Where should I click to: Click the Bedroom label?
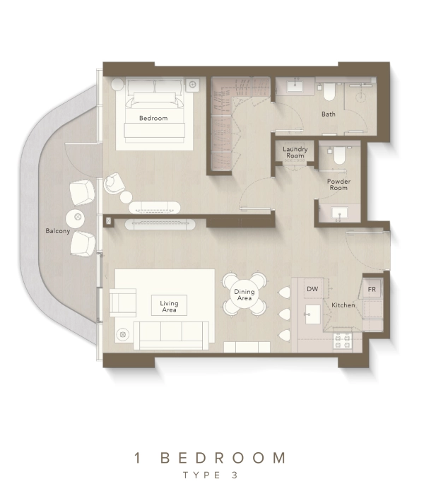coord(153,118)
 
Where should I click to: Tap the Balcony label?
coord(58,231)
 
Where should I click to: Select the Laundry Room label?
coord(295,152)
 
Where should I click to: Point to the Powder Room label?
coord(338,184)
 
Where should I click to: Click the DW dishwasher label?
coord(312,289)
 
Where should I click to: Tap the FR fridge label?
coord(372,289)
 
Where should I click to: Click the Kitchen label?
coord(343,305)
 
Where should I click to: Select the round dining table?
coord(245,295)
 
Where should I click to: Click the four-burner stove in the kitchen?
coord(343,341)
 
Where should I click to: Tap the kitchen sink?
coord(313,314)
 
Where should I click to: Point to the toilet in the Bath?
coord(329,92)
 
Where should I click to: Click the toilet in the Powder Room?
coord(339,155)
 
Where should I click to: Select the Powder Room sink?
coord(339,213)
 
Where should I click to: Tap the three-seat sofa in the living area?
coord(171,336)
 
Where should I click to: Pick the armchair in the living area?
coord(123,302)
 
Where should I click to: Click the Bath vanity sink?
coord(296,85)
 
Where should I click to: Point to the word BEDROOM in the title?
coord(223,458)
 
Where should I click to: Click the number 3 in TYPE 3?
coord(235,475)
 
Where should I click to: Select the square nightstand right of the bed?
coord(192,84)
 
